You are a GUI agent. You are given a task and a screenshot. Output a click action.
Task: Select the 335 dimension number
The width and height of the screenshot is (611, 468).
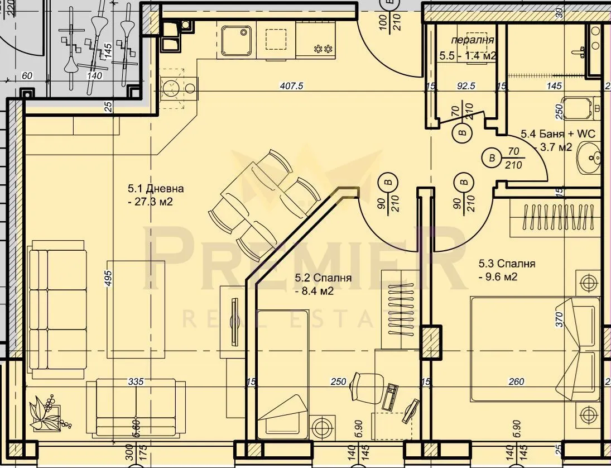coord(136,382)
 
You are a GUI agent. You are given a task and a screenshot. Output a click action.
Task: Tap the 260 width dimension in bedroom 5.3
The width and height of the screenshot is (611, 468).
coord(517,382)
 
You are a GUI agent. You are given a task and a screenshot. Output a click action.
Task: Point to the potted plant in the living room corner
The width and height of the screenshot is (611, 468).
coord(46,412)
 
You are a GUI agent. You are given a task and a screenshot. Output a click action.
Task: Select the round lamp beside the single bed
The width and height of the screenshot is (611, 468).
coord(322,429)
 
